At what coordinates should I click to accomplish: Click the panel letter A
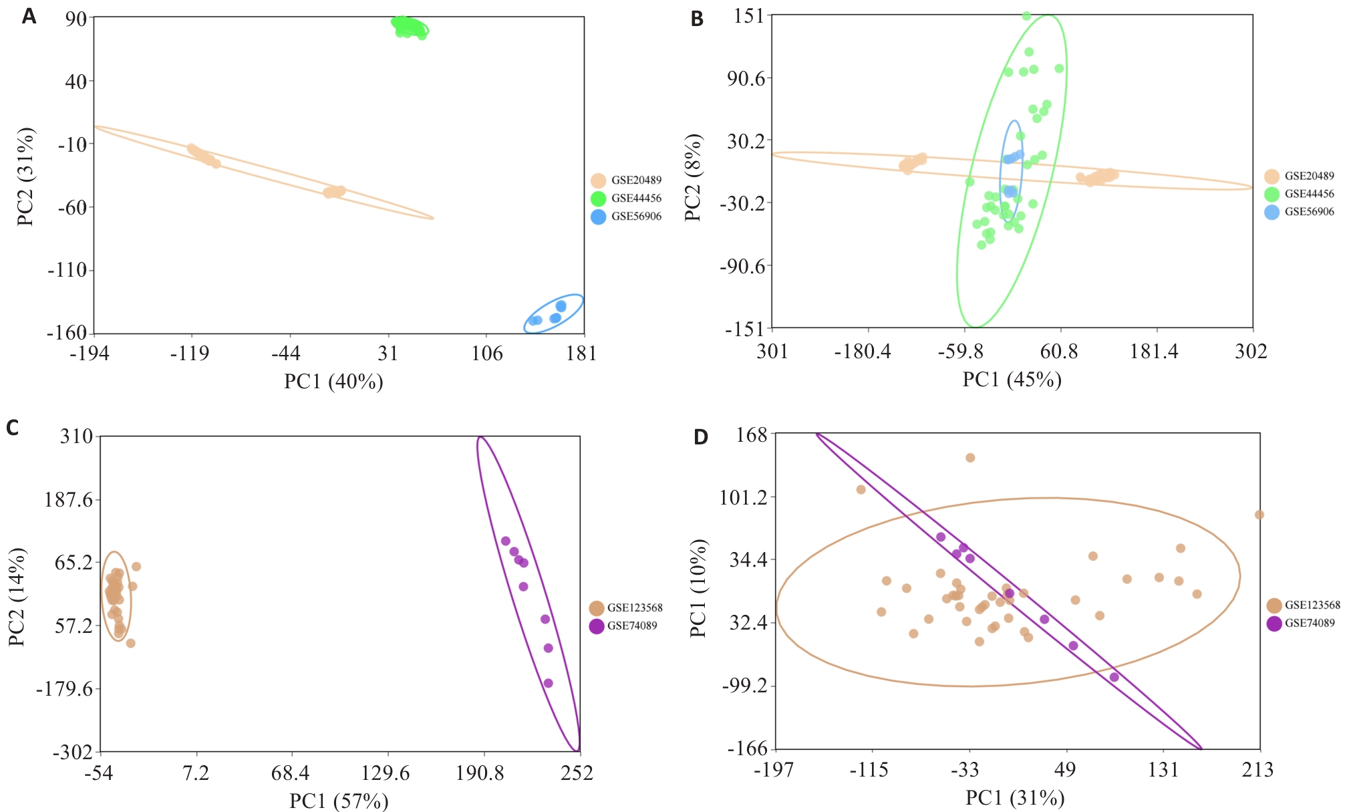pos(29,15)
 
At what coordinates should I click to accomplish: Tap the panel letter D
pos(700,437)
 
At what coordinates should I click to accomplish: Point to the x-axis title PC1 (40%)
pos(333,382)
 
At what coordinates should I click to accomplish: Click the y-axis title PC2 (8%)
pos(693,177)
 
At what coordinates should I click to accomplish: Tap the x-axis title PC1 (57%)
pos(339,801)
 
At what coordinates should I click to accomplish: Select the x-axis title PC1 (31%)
pos(1015,798)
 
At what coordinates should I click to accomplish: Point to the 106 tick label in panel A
pos(487,354)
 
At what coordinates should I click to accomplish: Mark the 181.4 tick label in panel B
pos(1154,352)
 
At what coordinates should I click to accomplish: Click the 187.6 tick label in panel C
pos(69,499)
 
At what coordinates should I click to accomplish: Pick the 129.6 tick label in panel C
pos(386,773)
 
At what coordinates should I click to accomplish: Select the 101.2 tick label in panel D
pos(743,497)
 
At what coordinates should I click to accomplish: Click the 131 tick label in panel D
pos(1163,770)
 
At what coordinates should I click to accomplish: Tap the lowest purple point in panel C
pos(548,683)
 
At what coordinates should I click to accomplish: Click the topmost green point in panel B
pos(1026,16)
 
